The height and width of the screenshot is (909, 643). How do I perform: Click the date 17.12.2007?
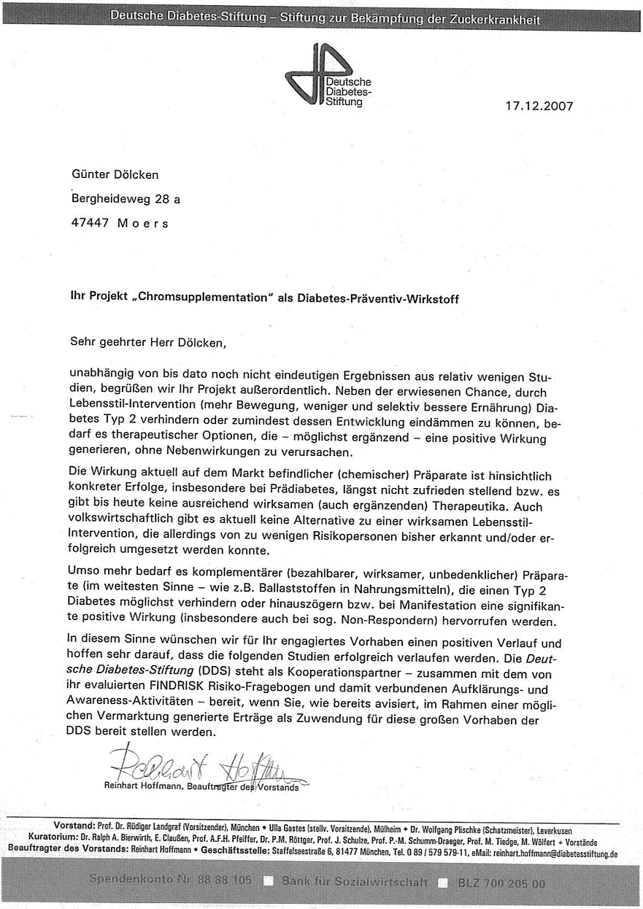tap(539, 106)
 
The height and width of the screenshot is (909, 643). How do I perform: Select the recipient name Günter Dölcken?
tap(115, 174)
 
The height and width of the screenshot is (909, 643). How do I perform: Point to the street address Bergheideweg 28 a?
tap(126, 198)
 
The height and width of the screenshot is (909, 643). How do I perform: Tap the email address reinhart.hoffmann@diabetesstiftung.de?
tap(555, 852)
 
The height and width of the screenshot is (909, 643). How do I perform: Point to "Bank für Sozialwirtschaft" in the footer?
tap(355, 882)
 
